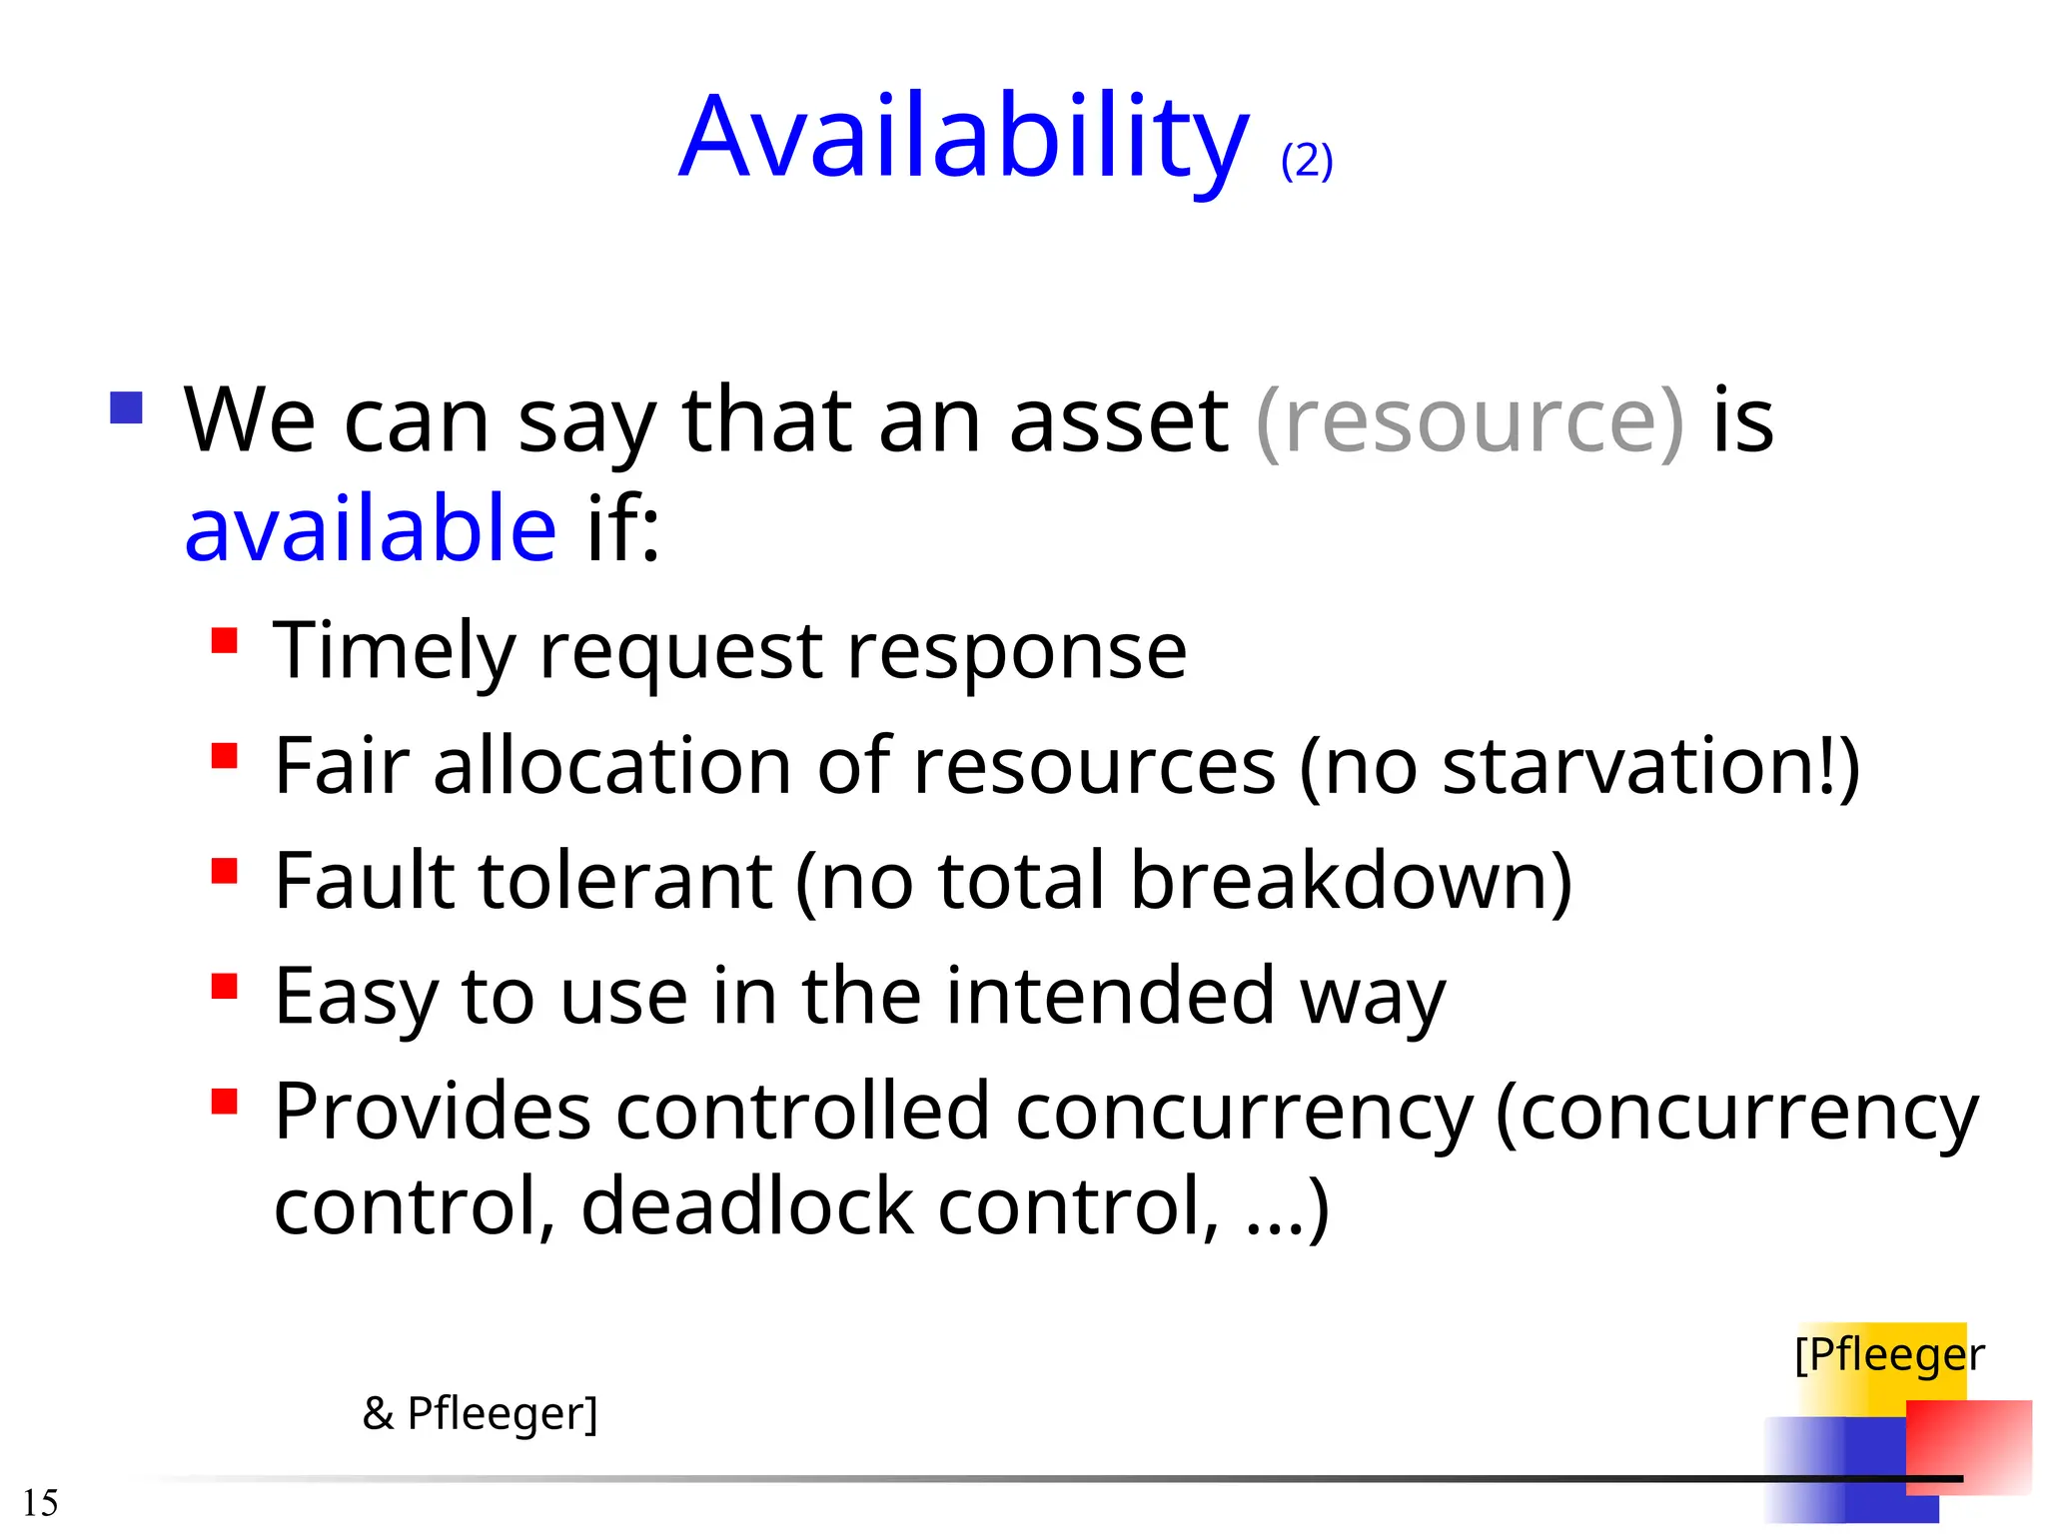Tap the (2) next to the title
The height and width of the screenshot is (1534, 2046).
(x=1307, y=161)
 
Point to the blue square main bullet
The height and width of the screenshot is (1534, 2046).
(x=127, y=407)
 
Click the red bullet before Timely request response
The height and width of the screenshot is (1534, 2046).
(x=225, y=640)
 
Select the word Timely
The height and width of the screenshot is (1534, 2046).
(x=394, y=652)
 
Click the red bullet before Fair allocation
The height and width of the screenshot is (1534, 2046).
(x=225, y=756)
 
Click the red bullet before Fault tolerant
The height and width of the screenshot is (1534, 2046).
(x=225, y=871)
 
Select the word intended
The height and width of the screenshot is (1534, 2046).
(x=1110, y=996)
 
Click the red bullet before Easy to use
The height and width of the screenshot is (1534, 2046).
(x=225, y=987)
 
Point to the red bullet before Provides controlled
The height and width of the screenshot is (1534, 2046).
(x=225, y=1102)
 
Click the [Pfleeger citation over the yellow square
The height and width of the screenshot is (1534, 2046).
(x=1888, y=1355)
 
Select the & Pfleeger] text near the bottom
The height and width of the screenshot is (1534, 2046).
(x=481, y=1413)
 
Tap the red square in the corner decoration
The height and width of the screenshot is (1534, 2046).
(x=1968, y=1445)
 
